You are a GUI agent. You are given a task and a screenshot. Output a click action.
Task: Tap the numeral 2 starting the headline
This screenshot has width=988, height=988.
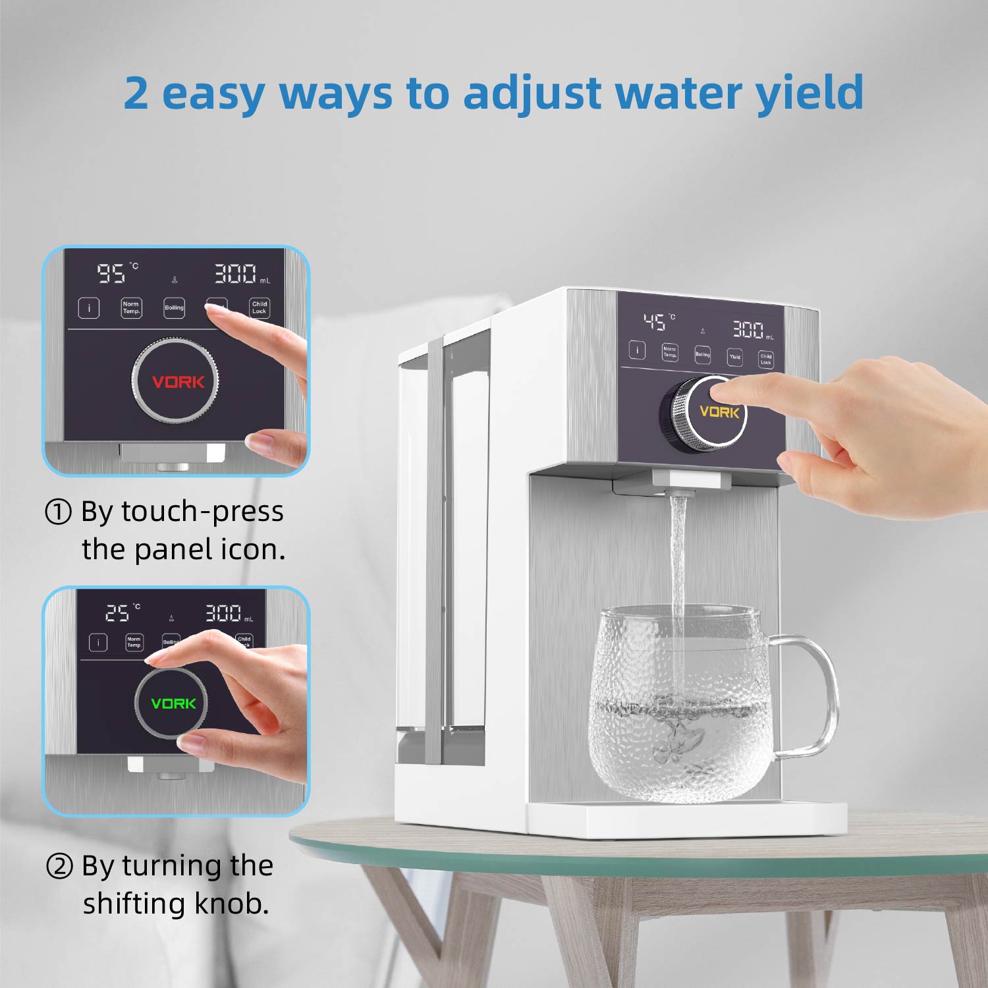point(136,94)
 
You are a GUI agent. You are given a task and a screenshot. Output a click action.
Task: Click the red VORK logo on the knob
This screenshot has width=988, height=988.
point(178,382)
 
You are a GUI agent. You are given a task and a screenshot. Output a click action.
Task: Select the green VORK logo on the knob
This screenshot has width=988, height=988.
point(173,703)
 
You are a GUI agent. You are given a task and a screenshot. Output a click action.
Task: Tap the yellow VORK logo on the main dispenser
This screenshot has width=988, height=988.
point(719,412)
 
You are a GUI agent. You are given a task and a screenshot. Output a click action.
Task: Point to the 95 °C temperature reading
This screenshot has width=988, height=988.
point(112,273)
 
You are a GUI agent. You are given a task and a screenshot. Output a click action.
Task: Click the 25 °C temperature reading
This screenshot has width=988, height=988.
point(119,613)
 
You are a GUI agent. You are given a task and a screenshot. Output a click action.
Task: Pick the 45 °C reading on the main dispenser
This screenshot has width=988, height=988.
point(655,322)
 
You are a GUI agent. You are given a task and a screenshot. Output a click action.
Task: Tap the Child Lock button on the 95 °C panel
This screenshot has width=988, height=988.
point(260,308)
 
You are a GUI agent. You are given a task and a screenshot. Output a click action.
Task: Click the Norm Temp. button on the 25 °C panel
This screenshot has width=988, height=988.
point(134,642)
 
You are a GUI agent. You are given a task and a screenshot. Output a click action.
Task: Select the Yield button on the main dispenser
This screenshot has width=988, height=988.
point(734,356)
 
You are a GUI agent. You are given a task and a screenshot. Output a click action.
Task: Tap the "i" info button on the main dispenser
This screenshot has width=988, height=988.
point(637,350)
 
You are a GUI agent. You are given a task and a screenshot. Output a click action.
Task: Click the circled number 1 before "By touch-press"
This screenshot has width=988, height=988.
point(58,512)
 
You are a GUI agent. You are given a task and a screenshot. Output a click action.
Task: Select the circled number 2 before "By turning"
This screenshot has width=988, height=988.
point(59,866)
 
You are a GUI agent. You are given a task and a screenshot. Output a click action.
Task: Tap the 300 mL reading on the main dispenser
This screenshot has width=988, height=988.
point(749,329)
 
